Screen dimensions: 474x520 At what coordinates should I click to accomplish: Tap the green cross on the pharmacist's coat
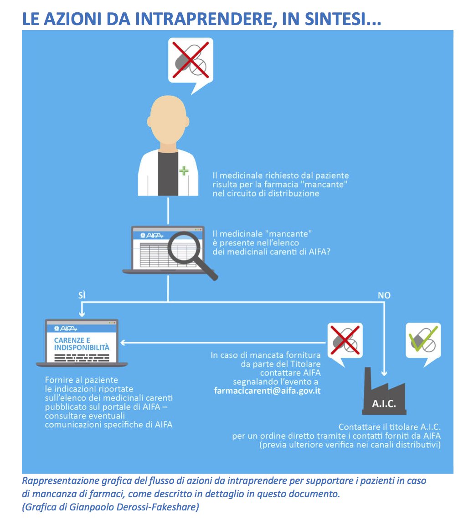coord(184,171)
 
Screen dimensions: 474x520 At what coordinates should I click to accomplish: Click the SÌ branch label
coord(82,295)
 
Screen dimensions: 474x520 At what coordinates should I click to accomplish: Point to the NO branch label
coord(384,295)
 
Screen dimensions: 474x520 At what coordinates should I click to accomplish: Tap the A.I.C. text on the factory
coord(384,404)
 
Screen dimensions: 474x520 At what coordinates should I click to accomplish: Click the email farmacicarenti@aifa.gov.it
coord(268,391)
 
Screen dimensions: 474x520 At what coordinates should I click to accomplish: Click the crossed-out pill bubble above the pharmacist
coord(191,62)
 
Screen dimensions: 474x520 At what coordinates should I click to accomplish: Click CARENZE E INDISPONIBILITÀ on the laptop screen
coord(82,344)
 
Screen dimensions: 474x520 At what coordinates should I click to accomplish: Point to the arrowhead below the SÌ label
coord(82,314)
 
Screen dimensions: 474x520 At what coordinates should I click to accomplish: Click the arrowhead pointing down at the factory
coord(384,373)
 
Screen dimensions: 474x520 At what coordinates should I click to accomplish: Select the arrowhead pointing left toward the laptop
coord(123,343)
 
